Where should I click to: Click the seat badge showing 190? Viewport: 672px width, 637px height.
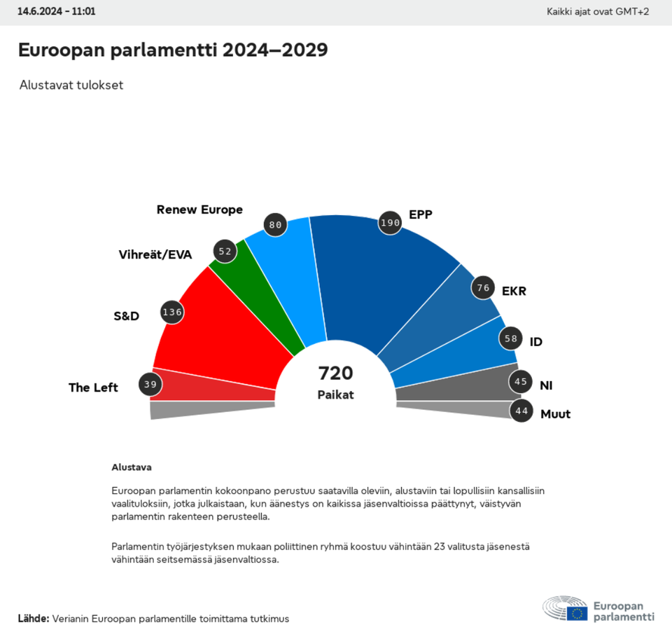[x=389, y=222]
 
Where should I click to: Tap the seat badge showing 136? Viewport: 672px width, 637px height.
[x=172, y=312]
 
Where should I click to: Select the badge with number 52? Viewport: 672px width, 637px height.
[x=225, y=252]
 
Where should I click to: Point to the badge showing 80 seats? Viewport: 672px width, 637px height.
[x=275, y=225]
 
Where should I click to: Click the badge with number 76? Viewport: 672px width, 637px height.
[x=482, y=288]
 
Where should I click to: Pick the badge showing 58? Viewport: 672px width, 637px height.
[x=510, y=338]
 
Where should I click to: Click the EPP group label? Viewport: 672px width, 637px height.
[x=421, y=214]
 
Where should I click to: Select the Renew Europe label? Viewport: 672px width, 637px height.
[x=199, y=210]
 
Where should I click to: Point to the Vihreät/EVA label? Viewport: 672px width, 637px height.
[x=155, y=254]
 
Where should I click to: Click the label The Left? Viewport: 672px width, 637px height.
[x=93, y=388]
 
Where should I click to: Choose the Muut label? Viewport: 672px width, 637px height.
[x=555, y=414]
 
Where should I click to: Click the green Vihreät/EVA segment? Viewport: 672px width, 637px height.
[x=262, y=294]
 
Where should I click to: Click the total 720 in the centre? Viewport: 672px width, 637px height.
[x=335, y=373]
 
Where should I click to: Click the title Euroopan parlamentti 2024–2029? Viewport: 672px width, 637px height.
[x=172, y=50]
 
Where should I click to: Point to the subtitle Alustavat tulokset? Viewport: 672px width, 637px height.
[x=71, y=85]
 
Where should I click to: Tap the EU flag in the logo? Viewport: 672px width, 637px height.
[x=577, y=613]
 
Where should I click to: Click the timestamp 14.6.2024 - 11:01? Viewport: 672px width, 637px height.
[x=57, y=12]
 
